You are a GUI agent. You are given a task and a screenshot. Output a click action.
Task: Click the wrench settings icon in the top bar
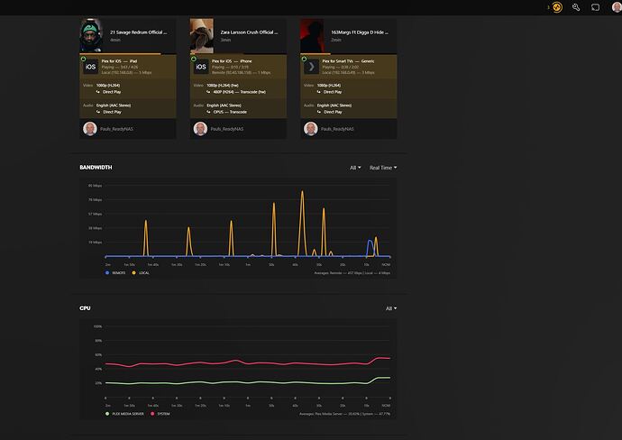click(x=576, y=7)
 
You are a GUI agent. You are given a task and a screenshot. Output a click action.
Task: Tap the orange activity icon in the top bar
click(x=558, y=7)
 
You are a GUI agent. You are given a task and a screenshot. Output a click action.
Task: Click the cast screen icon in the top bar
click(x=596, y=7)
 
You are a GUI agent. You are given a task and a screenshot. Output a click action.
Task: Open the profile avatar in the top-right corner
click(x=616, y=7)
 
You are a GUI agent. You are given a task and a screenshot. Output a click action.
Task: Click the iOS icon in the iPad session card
click(x=91, y=67)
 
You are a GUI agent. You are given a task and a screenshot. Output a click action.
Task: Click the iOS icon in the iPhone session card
click(x=201, y=67)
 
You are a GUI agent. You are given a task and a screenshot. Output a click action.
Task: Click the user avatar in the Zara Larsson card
click(x=200, y=129)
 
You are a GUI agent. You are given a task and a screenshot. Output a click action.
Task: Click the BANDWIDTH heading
click(x=96, y=168)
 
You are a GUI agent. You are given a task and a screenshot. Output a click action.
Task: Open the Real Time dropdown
click(x=383, y=168)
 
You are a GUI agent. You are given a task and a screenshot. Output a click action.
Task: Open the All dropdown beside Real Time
click(x=355, y=168)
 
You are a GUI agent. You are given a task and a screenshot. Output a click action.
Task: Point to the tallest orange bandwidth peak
click(x=302, y=192)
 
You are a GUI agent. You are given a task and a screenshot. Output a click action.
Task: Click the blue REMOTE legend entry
click(x=116, y=272)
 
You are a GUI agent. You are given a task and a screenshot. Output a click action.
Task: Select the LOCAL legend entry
click(x=142, y=272)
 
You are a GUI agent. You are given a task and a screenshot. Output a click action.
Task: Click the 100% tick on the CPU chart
click(x=97, y=326)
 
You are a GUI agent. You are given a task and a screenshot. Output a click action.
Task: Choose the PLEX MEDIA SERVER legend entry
click(x=124, y=414)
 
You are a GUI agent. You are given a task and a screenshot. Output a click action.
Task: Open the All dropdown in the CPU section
click(x=389, y=308)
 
